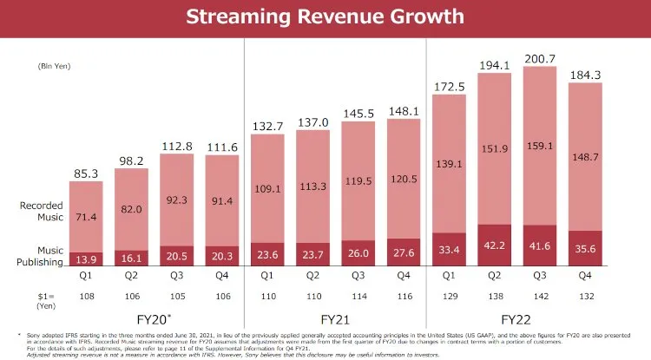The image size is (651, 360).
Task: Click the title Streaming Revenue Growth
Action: coord(325,16)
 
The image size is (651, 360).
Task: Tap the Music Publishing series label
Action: coord(40,254)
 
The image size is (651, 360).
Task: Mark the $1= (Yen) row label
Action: coord(24,299)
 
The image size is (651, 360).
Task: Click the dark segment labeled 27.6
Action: coord(404,252)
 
